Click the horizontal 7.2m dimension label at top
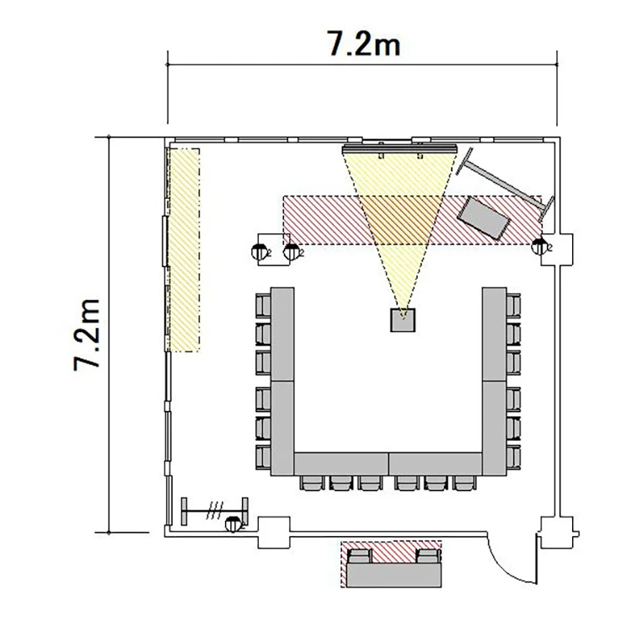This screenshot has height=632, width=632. pos(363,43)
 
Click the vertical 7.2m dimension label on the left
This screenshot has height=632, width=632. pos(87,335)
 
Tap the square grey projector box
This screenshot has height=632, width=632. pos(403,320)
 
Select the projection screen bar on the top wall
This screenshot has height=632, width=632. pos(399,149)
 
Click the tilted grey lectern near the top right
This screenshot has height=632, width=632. pos(484,217)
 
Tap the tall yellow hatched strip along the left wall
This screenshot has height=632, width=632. pos(185,250)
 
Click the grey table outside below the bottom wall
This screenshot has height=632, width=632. pos(394,575)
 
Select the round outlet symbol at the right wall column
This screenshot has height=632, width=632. pos(540,246)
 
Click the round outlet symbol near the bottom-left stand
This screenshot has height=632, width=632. pos(233,524)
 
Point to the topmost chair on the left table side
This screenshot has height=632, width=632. pos(263,306)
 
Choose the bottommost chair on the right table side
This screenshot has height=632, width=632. pos(513,458)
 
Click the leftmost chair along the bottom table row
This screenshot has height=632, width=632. pos(312,483)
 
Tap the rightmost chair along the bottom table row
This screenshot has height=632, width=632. pos(464,483)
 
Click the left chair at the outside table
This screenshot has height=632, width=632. pos(360,556)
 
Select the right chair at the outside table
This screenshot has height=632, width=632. pos(428,556)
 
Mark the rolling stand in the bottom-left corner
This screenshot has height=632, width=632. pos(214,511)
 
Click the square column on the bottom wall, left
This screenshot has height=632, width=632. pos(274,532)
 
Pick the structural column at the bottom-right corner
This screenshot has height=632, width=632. pos(557,532)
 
